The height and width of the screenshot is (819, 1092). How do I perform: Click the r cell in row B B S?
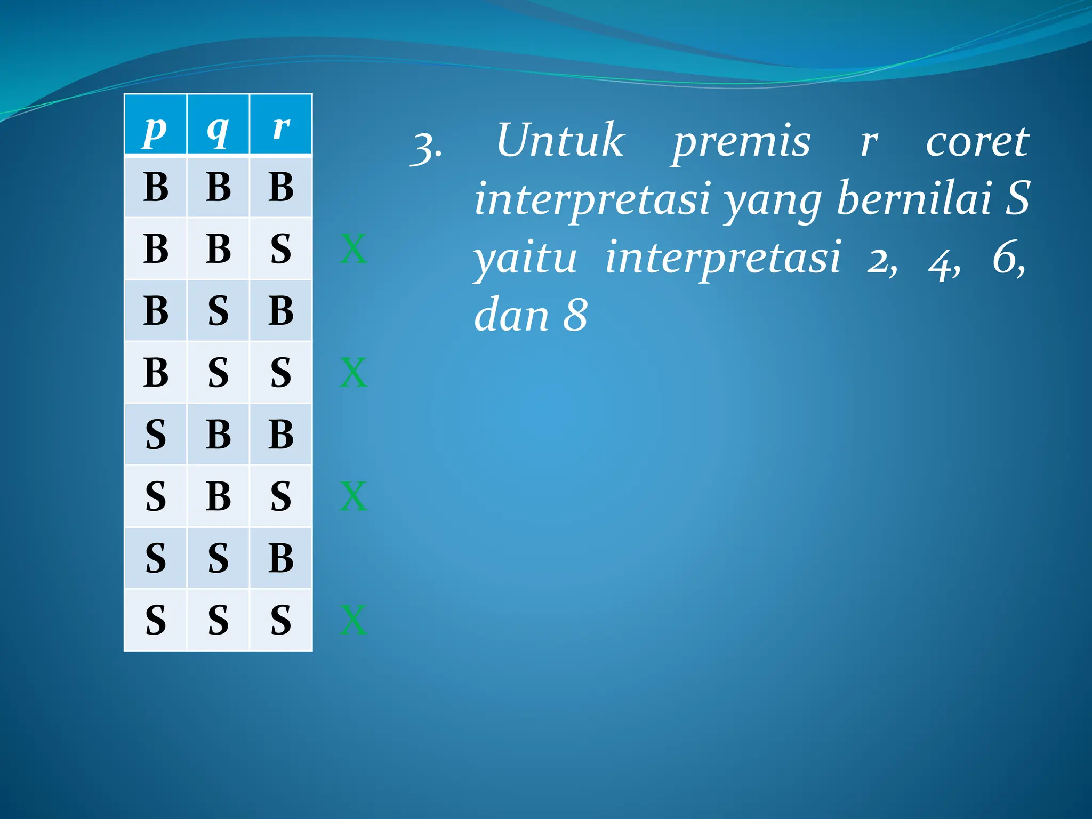281,248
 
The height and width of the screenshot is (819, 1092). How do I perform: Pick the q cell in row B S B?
218,310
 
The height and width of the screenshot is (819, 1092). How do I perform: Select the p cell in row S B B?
155,434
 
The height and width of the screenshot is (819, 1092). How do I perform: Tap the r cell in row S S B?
281,558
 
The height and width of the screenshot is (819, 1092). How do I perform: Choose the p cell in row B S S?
155,372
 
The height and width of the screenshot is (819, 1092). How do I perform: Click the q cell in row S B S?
218,496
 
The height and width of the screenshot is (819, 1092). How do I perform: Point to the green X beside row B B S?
354,249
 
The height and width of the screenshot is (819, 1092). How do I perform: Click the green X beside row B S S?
354,373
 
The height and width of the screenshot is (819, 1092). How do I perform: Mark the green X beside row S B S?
354,496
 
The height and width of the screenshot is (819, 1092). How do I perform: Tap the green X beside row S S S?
354,620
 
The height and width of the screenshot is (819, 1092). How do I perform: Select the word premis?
741,142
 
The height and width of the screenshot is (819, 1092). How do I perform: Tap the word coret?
977,142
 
